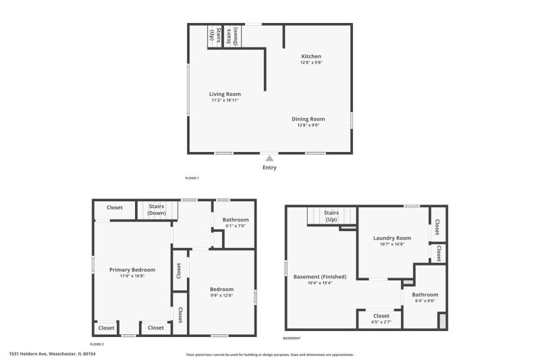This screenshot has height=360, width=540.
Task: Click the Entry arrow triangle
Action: [269, 159]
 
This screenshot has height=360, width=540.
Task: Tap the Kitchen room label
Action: [311, 56]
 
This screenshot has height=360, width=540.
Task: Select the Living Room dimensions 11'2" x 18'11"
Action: [225, 100]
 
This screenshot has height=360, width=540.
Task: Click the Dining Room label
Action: [308, 119]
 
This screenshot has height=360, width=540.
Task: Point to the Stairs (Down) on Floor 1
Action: [232, 36]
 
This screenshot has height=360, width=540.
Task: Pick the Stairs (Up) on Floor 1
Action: [215, 36]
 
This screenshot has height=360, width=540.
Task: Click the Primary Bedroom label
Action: [132, 269]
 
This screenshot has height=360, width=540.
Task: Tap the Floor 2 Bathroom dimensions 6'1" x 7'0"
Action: [236, 226]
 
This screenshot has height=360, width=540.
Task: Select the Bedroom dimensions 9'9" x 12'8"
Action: [222, 295]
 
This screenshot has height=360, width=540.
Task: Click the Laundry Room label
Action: [392, 238]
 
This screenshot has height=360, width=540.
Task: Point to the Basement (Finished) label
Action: [320, 277]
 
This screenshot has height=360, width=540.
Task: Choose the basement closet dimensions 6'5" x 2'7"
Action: [381, 322]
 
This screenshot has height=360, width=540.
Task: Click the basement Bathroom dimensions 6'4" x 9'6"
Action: [425, 301]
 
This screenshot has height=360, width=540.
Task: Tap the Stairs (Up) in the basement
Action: [331, 216]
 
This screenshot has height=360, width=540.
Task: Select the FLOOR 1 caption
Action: [192, 178]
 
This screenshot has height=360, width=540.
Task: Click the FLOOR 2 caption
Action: [97, 344]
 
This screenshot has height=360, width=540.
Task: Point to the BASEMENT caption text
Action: [292, 338]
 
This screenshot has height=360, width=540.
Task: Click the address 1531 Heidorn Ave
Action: [28, 354]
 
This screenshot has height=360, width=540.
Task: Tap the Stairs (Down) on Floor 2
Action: [157, 209]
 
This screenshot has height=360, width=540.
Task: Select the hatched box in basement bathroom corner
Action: [442, 320]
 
